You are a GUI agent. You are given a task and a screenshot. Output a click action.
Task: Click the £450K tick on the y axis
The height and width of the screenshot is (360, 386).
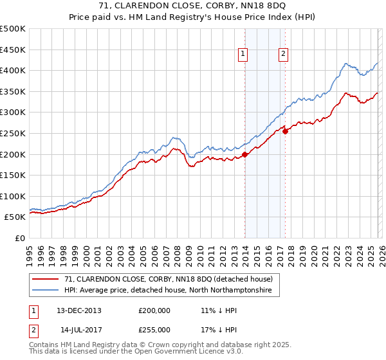[x=13, y=50]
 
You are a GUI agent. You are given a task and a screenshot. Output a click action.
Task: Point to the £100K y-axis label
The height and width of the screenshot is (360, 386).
[x=13, y=196]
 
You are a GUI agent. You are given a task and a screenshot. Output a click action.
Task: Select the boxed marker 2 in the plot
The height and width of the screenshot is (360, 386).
[x=283, y=55]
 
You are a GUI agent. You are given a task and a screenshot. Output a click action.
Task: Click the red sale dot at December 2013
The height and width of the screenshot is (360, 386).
[x=244, y=154]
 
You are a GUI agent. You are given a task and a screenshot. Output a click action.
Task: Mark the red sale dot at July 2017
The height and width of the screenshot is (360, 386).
[x=285, y=131]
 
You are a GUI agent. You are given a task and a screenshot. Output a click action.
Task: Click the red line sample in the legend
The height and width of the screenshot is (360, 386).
[x=46, y=279]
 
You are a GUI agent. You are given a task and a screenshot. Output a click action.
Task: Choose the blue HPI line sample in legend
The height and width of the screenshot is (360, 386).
[x=46, y=291]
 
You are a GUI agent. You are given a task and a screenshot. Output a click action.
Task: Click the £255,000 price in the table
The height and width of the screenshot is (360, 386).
[x=154, y=329]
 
